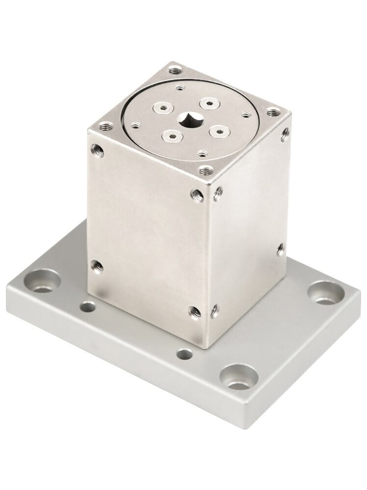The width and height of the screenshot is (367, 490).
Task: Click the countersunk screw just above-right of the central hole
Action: (209, 103)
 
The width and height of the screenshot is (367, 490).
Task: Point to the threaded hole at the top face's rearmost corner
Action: (175, 71)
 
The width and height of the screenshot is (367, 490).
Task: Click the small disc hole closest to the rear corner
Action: (181, 88)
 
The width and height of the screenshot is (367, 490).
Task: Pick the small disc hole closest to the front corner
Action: (202, 153)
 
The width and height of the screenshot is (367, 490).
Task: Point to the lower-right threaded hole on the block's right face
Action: (280, 249)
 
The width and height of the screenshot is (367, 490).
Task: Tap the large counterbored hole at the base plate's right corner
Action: (325, 293)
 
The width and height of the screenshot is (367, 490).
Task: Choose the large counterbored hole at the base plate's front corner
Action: (238, 378)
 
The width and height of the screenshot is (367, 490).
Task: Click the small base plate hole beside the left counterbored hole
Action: (88, 308)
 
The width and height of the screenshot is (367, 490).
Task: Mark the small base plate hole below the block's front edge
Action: (184, 354)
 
